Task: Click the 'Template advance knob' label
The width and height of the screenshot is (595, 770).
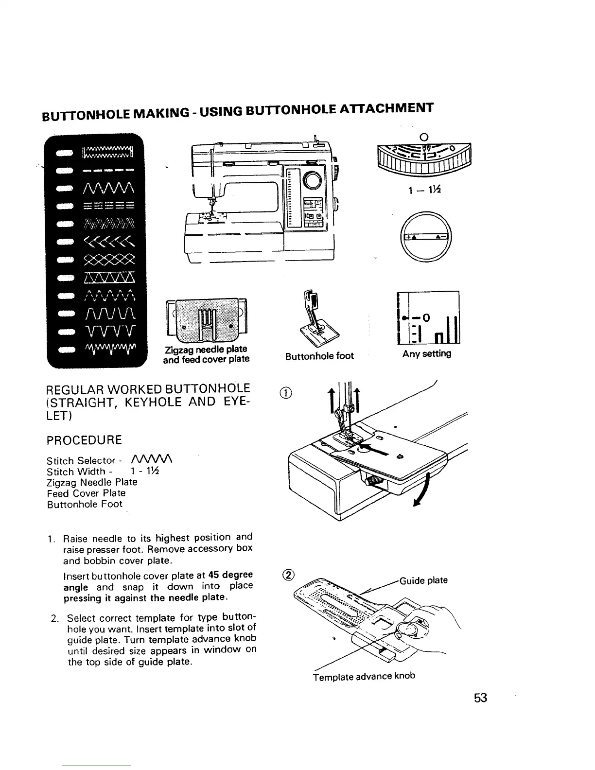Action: click(x=364, y=677)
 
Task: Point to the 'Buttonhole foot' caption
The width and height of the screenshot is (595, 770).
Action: click(x=319, y=356)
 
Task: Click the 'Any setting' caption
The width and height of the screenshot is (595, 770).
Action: click(x=426, y=354)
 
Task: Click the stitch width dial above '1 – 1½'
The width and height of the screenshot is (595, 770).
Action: click(x=424, y=156)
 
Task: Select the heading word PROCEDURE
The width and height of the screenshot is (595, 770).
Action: click(x=84, y=440)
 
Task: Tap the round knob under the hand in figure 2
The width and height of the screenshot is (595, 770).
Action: click(x=407, y=630)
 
